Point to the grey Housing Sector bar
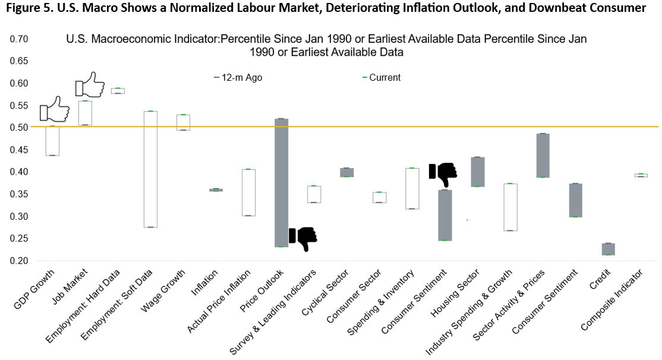pyautogui.click(x=478, y=172)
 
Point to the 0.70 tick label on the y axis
pyautogui.click(x=18, y=39)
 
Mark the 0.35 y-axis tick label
pyautogui.click(x=18, y=194)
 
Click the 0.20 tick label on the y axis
pyautogui.click(x=18, y=261)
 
